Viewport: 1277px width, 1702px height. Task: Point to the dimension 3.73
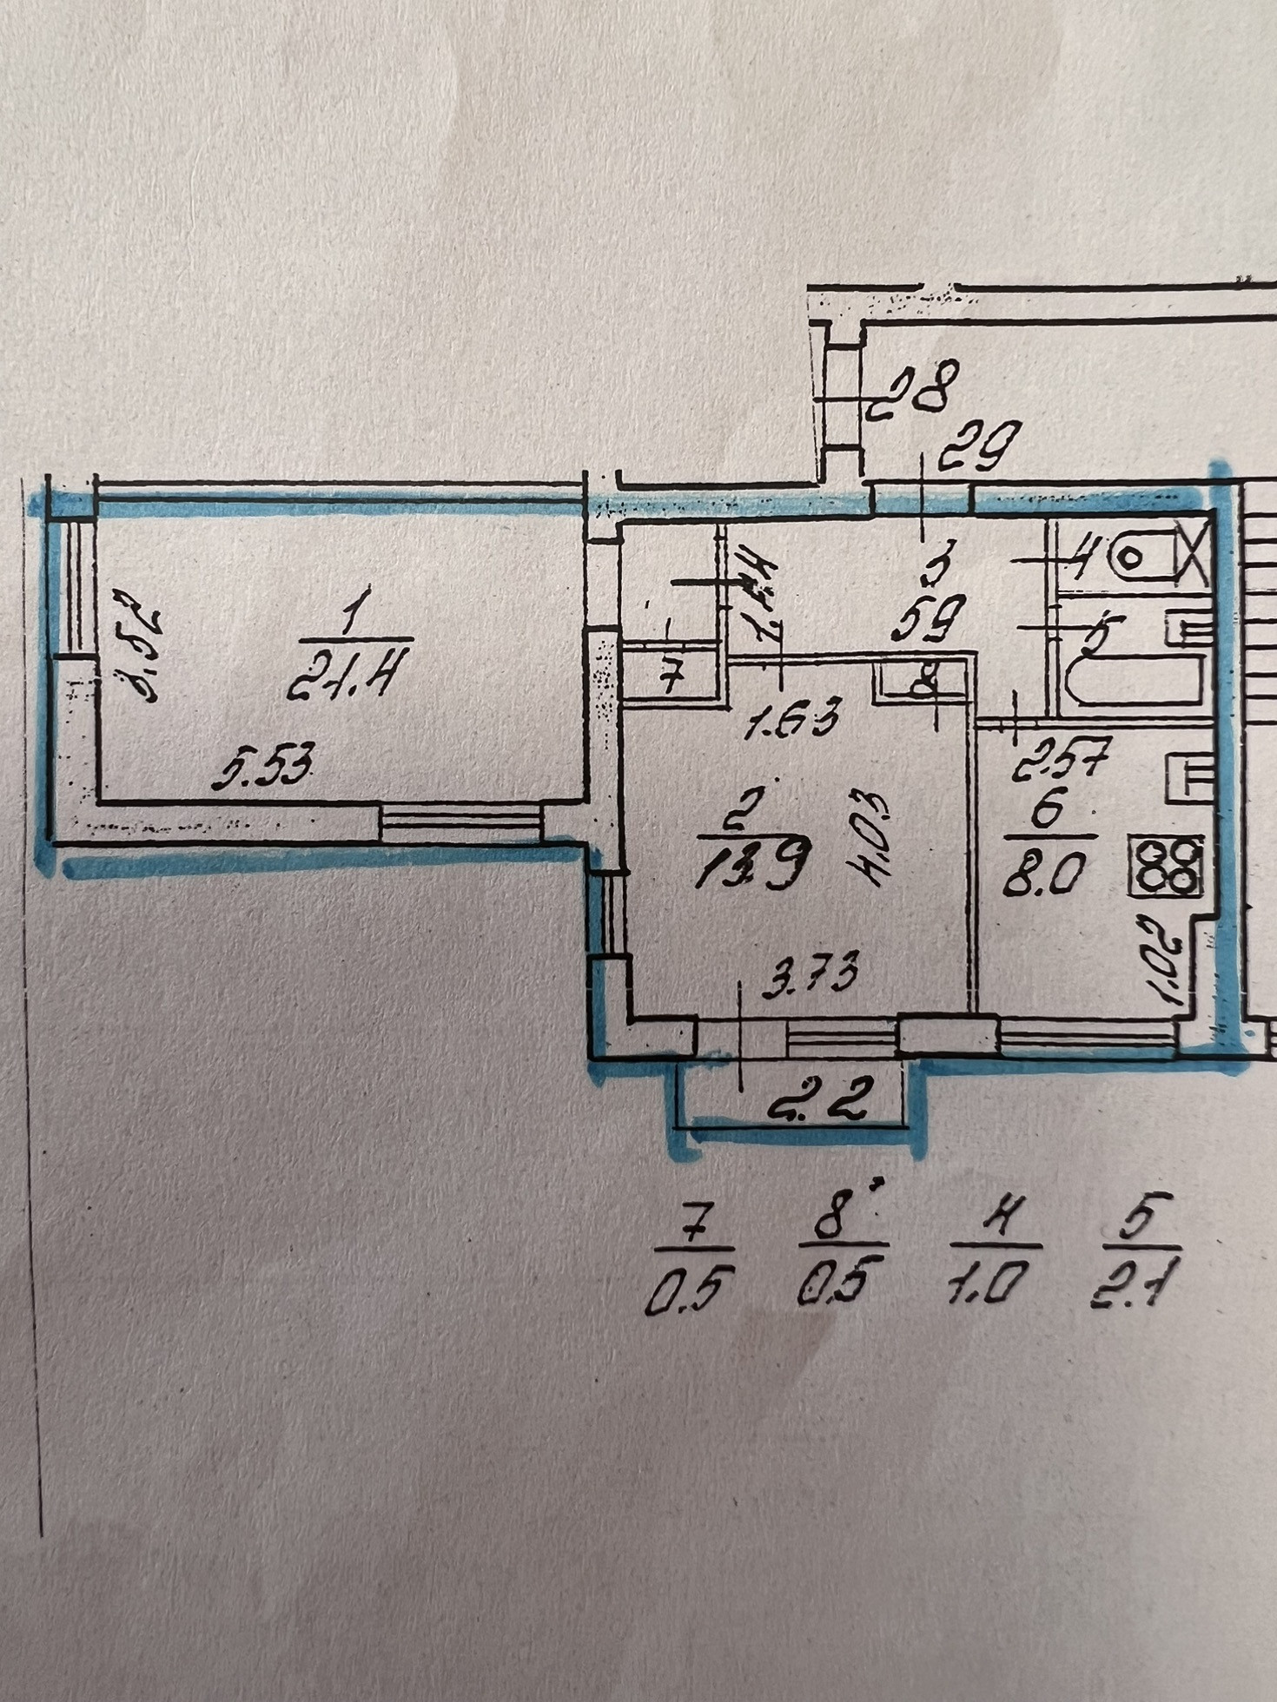click(x=811, y=973)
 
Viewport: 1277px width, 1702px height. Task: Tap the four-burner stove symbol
click(x=1166, y=865)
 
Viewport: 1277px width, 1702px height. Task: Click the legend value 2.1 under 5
click(x=1134, y=1283)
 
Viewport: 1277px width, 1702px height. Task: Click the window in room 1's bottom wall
click(x=460, y=822)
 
